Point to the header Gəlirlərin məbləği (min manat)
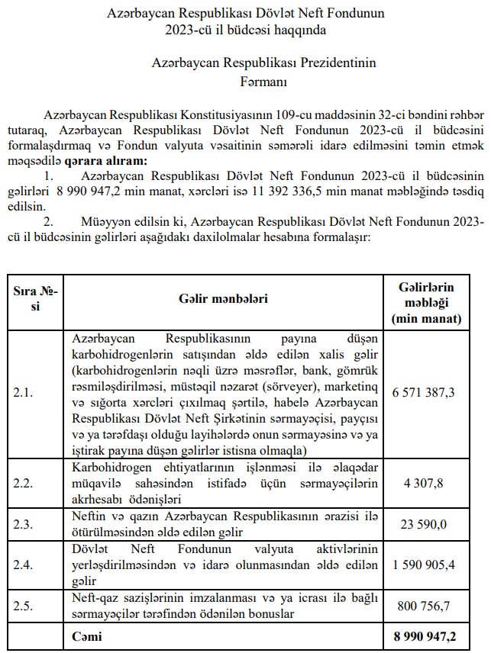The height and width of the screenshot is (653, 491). click(426, 301)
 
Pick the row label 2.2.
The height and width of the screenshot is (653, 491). click(24, 482)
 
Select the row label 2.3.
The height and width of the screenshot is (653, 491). click(24, 524)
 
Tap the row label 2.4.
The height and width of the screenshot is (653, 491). click(24, 566)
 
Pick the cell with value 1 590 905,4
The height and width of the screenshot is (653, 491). click(423, 566)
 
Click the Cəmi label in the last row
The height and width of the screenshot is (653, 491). click(86, 635)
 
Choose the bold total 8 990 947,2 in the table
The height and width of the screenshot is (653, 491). click(423, 635)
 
